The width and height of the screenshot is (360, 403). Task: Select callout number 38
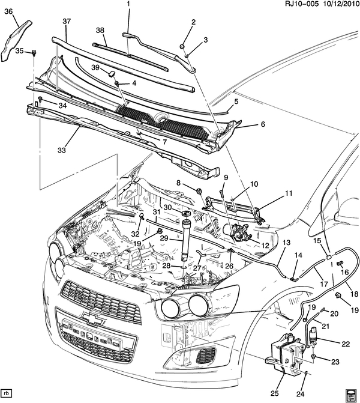pos(100,30)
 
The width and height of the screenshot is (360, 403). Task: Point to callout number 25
pos(274,393)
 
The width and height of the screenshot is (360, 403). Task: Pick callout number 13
pos(286,242)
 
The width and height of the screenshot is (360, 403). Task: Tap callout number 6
pos(262,124)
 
